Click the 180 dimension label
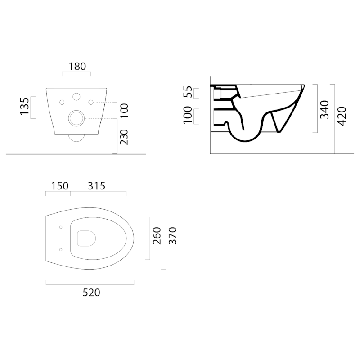point(77,66)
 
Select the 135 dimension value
point(25,106)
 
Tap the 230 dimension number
point(124,137)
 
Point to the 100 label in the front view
point(124,111)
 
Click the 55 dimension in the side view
point(188,92)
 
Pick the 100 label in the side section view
point(188,115)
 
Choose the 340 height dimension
point(324,109)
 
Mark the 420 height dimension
point(342,117)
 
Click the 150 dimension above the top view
point(60,186)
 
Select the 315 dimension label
point(96,186)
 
